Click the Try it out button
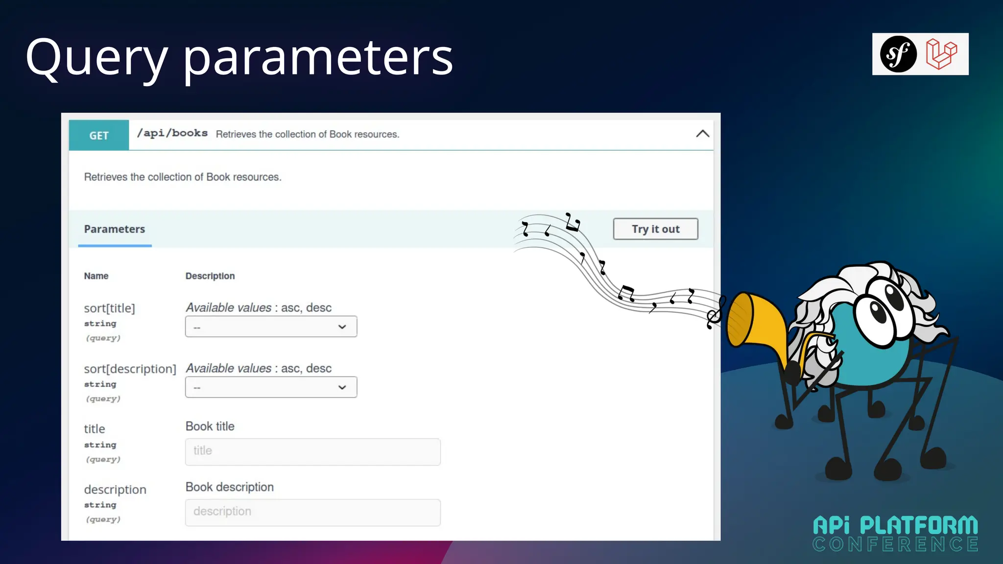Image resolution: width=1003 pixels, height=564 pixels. pos(655,229)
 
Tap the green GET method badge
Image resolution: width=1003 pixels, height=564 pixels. pos(99,136)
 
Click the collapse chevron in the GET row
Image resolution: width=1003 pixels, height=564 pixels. pos(702,134)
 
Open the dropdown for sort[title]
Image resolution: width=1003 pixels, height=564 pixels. pos(271,327)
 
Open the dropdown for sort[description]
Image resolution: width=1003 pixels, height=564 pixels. pos(271,387)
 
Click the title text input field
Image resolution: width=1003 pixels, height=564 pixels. pos(312,451)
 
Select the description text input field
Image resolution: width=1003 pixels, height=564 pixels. pos(312,512)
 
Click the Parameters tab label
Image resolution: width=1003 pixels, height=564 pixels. pos(115,229)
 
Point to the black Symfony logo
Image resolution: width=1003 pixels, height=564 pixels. pos(898,54)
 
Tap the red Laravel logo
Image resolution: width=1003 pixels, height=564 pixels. pos(941,54)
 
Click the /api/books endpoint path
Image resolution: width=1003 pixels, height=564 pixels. pos(172,134)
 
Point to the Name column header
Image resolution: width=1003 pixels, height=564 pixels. pos(96,276)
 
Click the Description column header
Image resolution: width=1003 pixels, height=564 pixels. pos(210,276)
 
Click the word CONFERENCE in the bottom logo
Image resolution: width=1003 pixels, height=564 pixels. pos(895,544)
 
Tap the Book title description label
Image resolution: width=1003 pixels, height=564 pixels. pos(210,426)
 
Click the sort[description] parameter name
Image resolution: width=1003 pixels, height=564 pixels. pos(130,369)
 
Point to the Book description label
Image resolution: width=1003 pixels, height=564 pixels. pos(230,487)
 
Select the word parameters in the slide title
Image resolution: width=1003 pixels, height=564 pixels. pos(318,59)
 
